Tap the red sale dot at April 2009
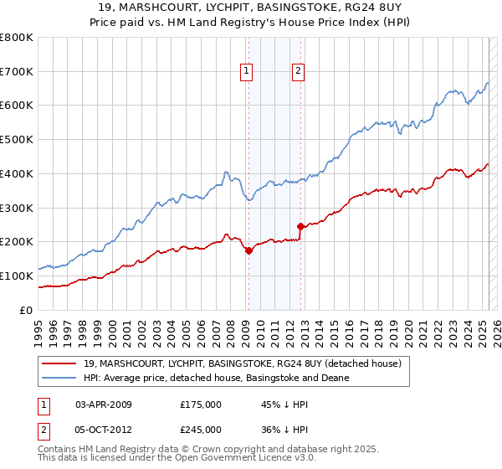(248, 250)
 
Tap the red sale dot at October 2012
(300, 226)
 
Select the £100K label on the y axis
(18, 276)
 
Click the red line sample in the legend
(59, 363)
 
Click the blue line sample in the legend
(59, 378)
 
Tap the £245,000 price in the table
(201, 429)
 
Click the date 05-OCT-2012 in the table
(103, 429)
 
